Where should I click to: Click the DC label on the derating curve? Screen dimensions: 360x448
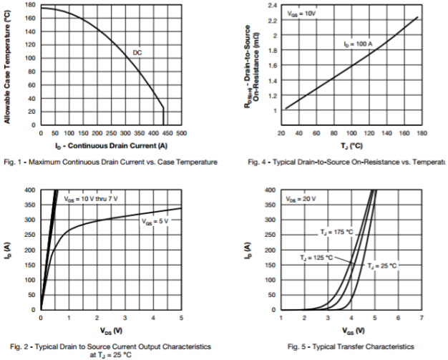(137, 52)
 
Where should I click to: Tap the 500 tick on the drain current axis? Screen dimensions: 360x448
(181, 133)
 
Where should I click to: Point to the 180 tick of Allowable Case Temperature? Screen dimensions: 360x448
(30, 5)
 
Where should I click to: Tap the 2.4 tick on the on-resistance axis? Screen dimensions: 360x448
(271, 5)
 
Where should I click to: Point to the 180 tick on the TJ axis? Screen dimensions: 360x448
(421, 133)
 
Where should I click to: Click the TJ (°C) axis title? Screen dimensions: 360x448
(350, 145)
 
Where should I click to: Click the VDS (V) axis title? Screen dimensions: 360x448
(111, 331)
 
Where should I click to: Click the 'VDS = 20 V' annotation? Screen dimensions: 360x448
(301, 198)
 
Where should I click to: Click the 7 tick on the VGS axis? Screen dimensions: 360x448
(421, 317)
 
